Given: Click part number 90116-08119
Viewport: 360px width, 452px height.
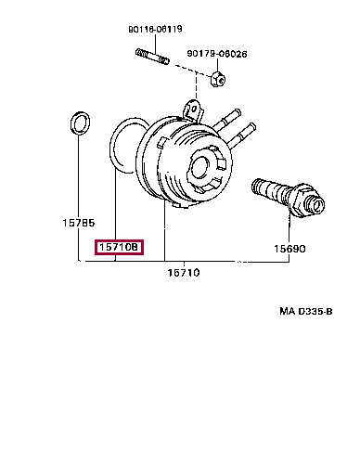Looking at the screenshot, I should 154,29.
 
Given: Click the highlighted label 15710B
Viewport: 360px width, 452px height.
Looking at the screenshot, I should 118,249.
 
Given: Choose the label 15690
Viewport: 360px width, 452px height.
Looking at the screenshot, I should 288,249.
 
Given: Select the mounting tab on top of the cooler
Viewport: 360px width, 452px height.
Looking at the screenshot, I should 191,110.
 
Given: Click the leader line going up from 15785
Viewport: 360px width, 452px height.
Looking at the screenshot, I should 77,186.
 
